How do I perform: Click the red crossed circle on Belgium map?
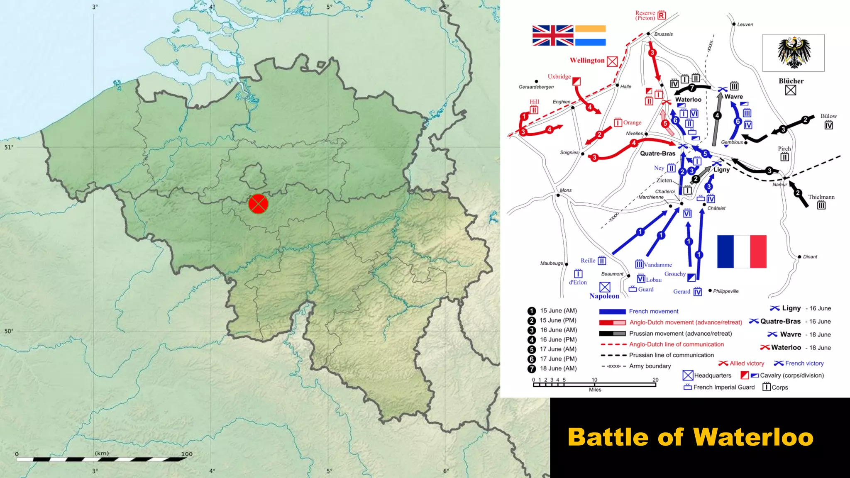click(258, 204)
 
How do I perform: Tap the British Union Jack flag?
click(553, 35)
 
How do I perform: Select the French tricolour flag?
click(742, 251)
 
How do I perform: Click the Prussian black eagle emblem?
click(794, 53)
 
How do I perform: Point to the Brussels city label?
click(663, 34)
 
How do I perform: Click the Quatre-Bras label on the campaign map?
click(657, 154)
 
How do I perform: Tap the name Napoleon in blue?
click(604, 296)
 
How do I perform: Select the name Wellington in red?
click(587, 61)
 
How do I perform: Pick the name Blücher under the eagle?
click(791, 81)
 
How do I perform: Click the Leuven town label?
click(745, 24)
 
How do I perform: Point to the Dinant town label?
click(810, 257)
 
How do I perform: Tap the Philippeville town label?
click(726, 291)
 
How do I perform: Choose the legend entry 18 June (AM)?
click(558, 368)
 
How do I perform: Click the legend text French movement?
click(654, 312)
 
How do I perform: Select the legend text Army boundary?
click(650, 366)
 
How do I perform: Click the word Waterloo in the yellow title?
click(753, 437)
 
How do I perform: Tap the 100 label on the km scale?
click(187, 454)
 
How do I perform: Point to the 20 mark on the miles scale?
click(655, 380)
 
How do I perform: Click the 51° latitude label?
click(9, 147)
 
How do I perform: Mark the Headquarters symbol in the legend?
click(688, 376)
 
